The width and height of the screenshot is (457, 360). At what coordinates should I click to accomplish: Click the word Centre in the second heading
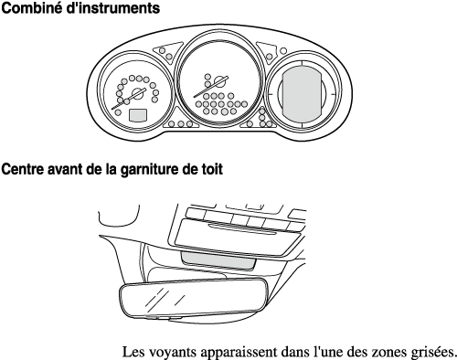tap(23, 169)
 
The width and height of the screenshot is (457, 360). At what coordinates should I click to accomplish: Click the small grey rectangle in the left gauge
tap(138, 115)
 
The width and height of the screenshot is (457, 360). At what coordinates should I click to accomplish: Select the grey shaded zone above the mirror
tap(218, 260)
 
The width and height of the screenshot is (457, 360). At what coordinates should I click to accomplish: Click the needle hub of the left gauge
tap(137, 94)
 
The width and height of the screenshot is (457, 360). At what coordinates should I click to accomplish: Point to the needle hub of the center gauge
tap(218, 81)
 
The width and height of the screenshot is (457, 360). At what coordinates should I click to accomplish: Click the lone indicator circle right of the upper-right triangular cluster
tap(283, 51)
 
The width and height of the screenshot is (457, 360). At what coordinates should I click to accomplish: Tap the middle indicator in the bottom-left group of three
tap(181, 123)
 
